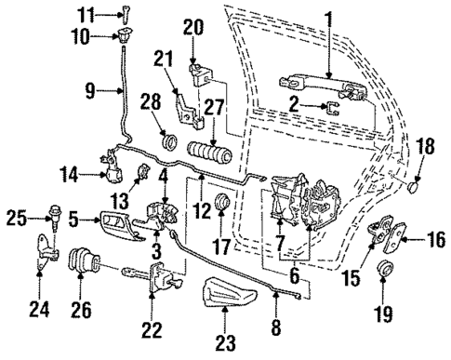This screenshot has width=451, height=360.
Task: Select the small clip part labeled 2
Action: (332, 107)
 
